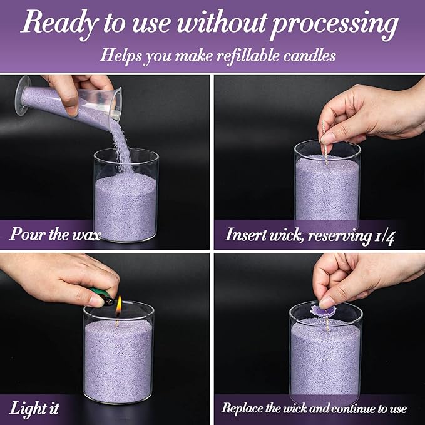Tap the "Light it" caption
point(34,408)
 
